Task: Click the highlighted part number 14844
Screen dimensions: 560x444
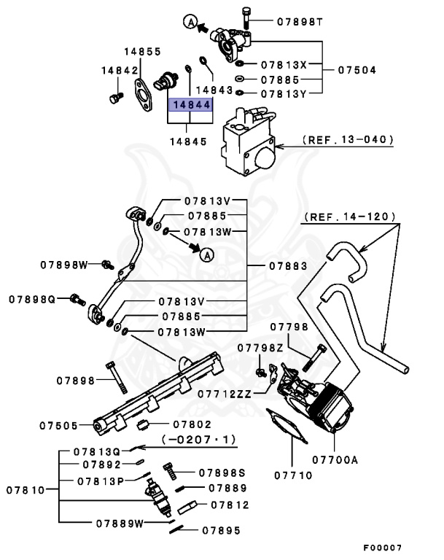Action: click(192, 104)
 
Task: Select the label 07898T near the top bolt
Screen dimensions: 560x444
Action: click(299, 21)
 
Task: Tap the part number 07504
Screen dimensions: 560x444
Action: click(359, 71)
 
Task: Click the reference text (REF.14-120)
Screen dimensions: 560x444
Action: click(349, 217)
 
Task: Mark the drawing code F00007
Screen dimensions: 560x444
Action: click(383, 547)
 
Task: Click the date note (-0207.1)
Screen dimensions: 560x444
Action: click(192, 439)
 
